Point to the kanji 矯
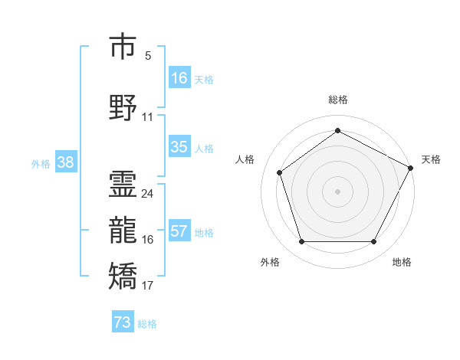[123, 277]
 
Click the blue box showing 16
[179, 77]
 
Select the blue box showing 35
[179, 147]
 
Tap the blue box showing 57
[179, 231]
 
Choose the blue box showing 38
[65, 162]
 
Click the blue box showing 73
[122, 322]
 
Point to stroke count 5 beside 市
[148, 56]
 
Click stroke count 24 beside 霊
[147, 193]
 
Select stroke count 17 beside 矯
[147, 286]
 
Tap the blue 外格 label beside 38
[41, 163]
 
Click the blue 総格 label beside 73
[147, 324]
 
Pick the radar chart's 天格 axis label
[431, 159]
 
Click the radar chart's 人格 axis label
[245, 159]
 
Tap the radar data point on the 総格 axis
[337, 131]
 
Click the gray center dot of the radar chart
[337, 191]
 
